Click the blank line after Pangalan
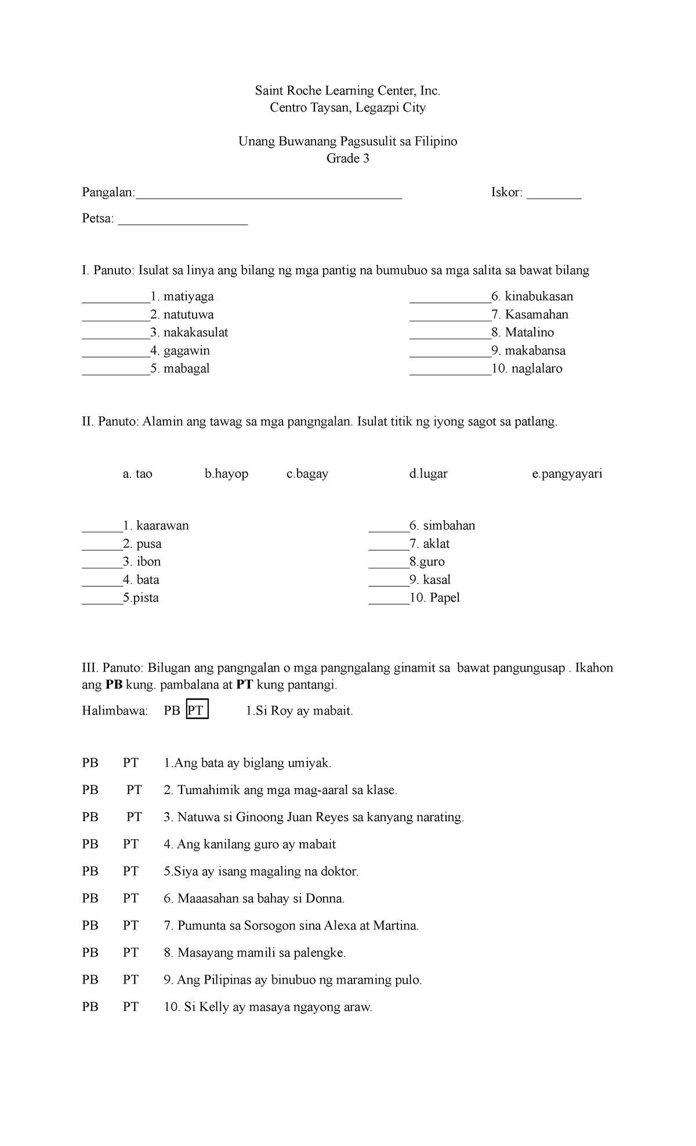tap(268, 196)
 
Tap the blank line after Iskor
tap(553, 196)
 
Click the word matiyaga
tap(188, 296)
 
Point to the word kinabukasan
tap(539, 296)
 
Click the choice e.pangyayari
tap(567, 474)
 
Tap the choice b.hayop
tap(226, 474)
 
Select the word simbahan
tap(449, 525)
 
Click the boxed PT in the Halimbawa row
tap(197, 710)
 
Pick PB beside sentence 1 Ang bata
tap(90, 763)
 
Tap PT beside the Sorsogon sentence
tap(130, 926)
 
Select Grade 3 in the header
tap(347, 158)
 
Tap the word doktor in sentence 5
tap(338, 871)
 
